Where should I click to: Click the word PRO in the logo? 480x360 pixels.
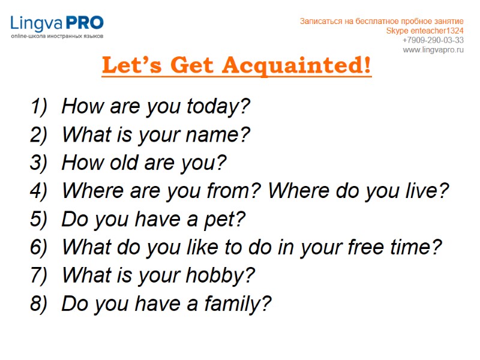85,23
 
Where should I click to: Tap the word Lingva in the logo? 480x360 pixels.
37,24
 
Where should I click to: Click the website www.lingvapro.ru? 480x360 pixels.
433,50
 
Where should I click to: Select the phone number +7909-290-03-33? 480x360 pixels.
433,40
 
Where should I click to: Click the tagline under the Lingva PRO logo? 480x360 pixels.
57,37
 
